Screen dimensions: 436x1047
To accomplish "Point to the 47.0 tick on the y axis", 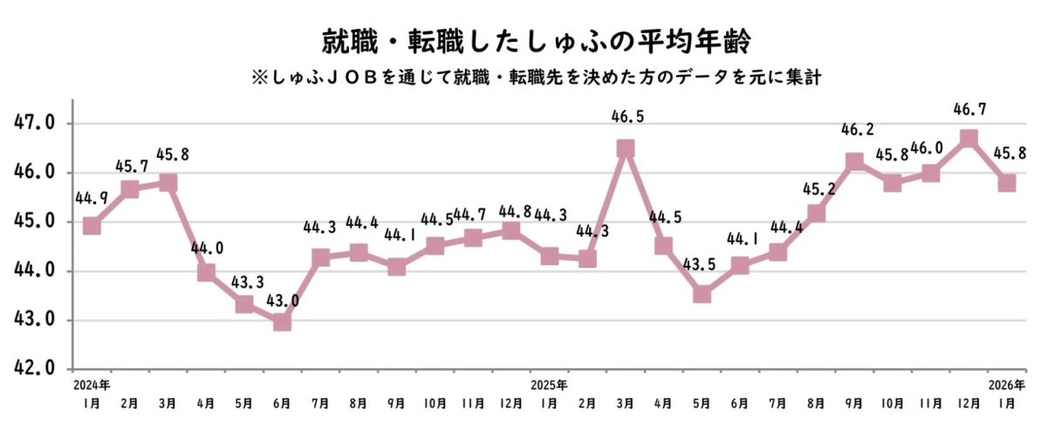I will (x=34, y=123).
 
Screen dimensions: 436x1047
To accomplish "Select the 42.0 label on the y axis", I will (x=34, y=368).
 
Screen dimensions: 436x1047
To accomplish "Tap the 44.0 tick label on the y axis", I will (x=34, y=270).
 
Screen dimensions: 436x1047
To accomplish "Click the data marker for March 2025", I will (x=626, y=149).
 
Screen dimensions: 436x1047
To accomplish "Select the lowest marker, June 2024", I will (x=282, y=322).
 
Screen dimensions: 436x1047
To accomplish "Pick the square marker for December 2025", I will (x=968, y=139).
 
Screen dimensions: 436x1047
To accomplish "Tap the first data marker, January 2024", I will (x=92, y=226).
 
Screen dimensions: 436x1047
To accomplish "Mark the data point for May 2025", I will (x=702, y=294).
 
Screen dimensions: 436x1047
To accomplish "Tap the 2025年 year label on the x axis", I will (x=549, y=385).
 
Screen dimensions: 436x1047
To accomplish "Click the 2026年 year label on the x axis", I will (x=1006, y=385).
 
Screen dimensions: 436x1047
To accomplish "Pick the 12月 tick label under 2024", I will (x=510, y=404).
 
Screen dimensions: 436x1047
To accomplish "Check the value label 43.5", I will (x=701, y=264).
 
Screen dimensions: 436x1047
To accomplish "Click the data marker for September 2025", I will (x=854, y=162).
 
